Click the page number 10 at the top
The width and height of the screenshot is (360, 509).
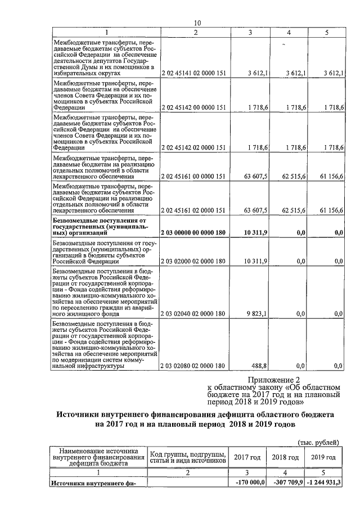point(197,22)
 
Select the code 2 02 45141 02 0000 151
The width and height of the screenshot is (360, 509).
point(193,74)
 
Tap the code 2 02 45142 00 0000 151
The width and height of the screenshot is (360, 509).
point(193,107)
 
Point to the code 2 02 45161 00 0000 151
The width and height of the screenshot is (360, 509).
point(193,176)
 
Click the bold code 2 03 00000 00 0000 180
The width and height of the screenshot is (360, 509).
point(193,232)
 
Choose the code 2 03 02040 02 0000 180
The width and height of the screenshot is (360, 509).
point(193,313)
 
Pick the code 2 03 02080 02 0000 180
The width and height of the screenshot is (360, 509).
point(193,366)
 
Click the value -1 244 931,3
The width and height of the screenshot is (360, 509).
point(325,483)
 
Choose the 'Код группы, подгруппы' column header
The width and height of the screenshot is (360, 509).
point(189,454)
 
